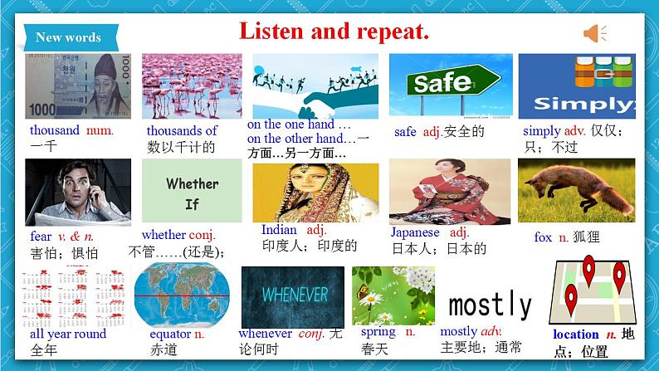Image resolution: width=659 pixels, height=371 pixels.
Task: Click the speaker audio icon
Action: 594,33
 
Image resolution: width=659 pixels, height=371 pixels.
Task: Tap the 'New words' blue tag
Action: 69,37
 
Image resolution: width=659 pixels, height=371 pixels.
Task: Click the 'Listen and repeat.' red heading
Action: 334,32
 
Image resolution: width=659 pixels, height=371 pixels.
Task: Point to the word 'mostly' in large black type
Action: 490,305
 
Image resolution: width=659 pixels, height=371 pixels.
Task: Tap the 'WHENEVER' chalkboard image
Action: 292,295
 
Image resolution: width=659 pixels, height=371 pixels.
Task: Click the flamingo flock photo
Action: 192,86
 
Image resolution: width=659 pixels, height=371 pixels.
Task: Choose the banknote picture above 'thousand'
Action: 78,86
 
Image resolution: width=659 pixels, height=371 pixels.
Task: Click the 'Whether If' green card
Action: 192,192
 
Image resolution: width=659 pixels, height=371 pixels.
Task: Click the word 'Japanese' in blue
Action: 415,232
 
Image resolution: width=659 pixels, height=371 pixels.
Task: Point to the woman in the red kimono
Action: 449,192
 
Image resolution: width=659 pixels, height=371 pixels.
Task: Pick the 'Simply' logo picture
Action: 577,86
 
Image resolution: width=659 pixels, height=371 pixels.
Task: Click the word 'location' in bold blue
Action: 575,334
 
